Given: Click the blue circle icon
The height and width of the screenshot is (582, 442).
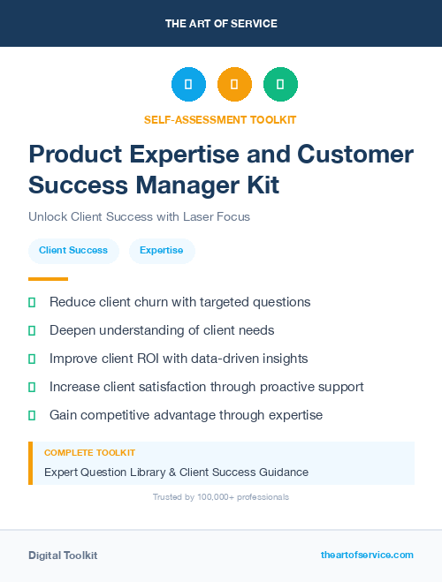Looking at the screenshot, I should [x=188, y=84].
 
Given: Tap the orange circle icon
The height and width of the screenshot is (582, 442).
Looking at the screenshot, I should [x=234, y=84].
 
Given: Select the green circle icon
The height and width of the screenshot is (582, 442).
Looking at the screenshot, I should [x=280, y=84].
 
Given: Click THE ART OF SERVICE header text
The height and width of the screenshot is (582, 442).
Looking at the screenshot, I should [x=221, y=24].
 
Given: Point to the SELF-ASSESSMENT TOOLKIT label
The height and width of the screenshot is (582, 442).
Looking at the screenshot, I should [x=221, y=119].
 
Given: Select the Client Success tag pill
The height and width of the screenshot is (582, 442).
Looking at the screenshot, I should [x=73, y=251].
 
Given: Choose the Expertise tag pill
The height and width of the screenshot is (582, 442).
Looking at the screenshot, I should [x=162, y=251].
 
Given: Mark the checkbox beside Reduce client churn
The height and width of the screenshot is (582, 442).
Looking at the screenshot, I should [x=32, y=302].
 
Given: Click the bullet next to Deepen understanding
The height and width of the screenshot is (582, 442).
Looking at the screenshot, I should [x=32, y=330].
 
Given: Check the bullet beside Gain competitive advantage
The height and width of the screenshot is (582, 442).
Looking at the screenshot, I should [x=32, y=415].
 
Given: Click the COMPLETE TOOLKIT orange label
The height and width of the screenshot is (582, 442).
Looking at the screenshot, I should [x=89, y=453].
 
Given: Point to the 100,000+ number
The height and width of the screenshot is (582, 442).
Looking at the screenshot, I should [x=205, y=497].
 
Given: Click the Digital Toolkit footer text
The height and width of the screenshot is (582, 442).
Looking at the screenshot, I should [x=63, y=556].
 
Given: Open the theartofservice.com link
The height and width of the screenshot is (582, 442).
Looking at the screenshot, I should [x=367, y=556].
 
